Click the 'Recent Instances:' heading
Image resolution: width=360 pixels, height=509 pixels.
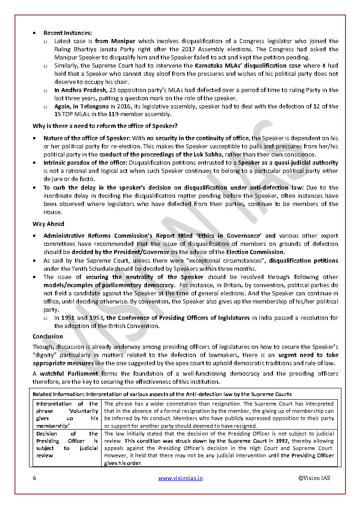[68, 33]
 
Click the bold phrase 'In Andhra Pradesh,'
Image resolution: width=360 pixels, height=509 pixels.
[79, 90]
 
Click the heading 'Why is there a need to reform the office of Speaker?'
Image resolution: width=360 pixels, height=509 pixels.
[105, 125]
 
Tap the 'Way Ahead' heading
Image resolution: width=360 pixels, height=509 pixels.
[49, 224]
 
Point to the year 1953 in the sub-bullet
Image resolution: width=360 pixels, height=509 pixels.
[96, 318]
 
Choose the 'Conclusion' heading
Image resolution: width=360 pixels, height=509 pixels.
[48, 336]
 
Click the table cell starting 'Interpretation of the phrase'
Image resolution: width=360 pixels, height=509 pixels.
[67, 414]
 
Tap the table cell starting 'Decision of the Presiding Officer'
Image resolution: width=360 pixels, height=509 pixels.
[67, 444]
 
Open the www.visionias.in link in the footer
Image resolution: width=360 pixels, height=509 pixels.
[180, 478]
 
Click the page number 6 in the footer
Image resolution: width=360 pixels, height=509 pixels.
[34, 478]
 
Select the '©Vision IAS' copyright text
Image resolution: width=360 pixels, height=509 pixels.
[314, 478]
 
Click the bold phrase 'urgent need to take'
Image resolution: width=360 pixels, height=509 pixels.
[308, 355]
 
